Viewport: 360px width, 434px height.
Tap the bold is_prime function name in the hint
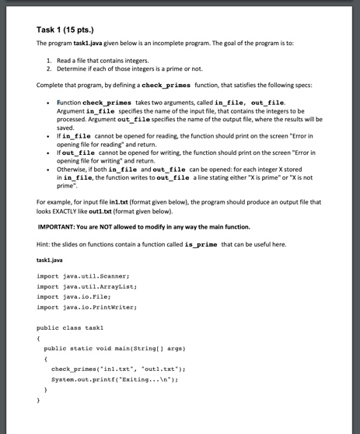coord(223,243)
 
